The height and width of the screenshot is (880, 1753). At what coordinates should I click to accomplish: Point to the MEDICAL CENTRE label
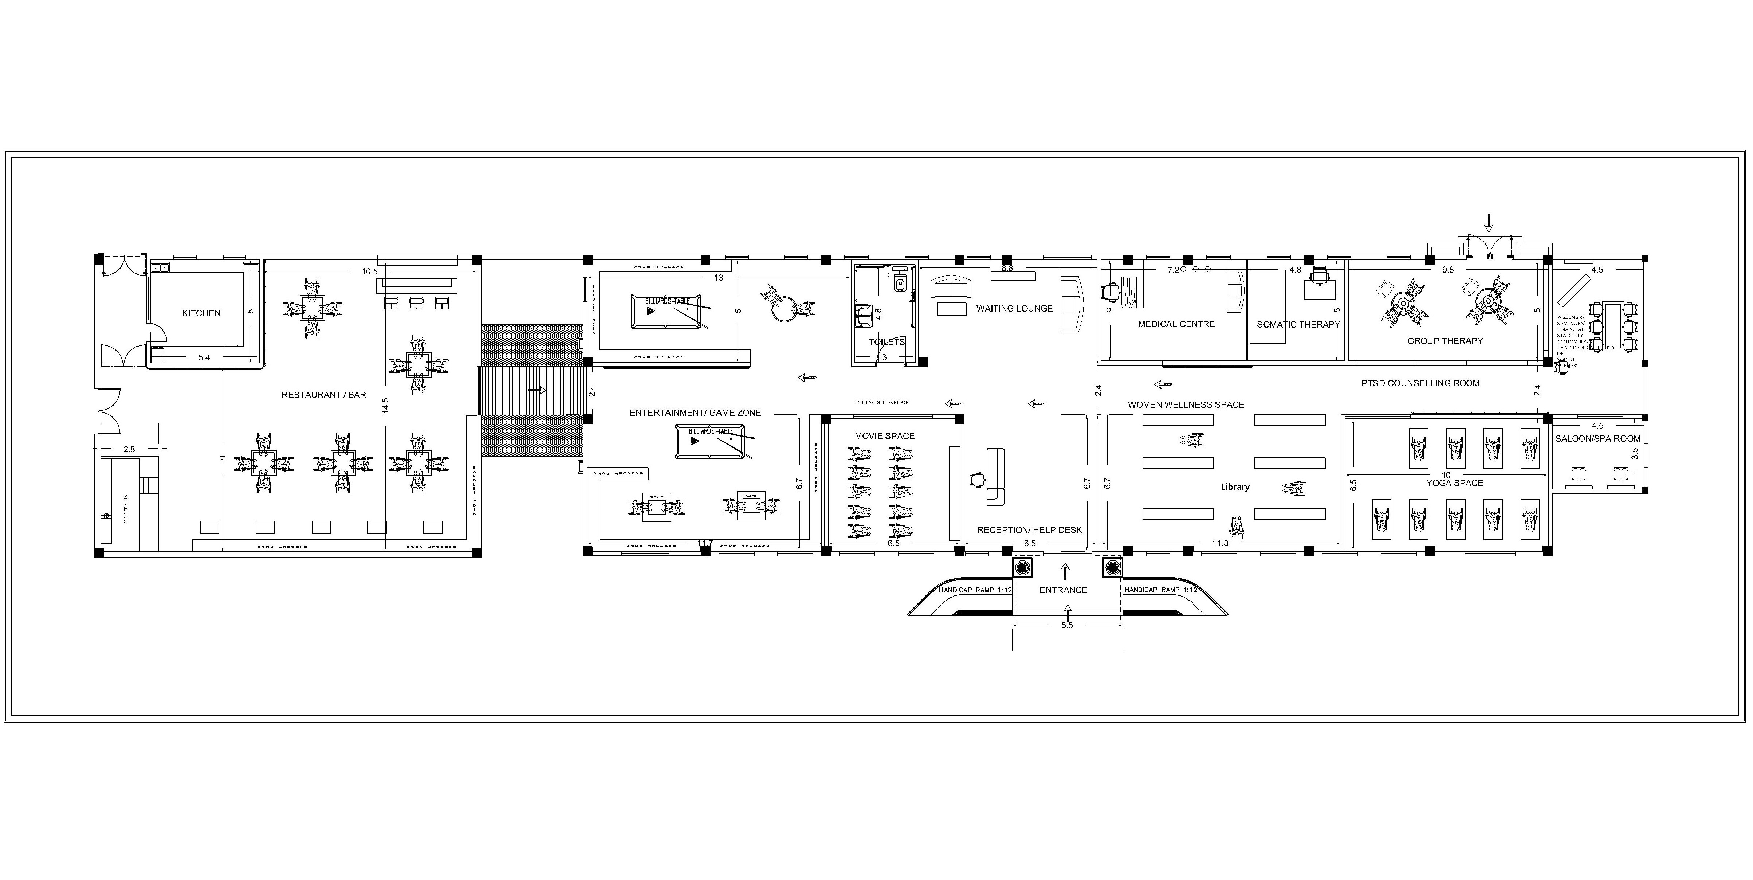click(x=1176, y=324)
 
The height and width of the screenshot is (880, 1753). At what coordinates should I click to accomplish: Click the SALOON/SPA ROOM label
click(x=1597, y=438)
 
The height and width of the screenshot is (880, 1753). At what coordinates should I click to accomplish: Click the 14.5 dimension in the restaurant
click(x=385, y=406)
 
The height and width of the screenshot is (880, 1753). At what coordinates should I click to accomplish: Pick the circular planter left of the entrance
click(x=1022, y=568)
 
